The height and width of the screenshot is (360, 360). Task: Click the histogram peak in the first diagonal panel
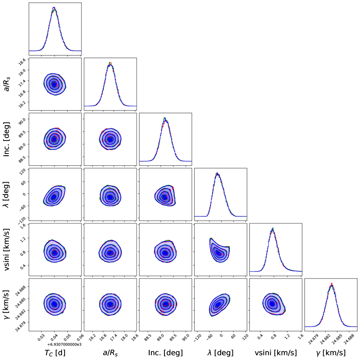click(54, 8)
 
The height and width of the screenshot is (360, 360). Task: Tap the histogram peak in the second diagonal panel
click(110, 63)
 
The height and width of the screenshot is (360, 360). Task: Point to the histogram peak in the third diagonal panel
click(165, 118)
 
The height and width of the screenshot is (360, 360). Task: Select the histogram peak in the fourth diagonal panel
click(217, 173)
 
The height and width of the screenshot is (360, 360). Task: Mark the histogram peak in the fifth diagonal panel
click(272, 229)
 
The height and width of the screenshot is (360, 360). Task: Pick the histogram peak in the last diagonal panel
click(331, 284)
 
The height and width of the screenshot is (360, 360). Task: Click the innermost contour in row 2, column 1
click(54, 84)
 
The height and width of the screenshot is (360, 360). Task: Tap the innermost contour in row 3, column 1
click(54, 139)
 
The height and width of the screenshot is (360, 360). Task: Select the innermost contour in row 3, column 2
click(110, 139)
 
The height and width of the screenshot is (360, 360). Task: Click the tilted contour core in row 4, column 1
click(53, 197)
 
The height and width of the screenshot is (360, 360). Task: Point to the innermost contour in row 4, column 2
click(110, 197)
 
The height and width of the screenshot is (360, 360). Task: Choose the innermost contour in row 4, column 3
click(164, 197)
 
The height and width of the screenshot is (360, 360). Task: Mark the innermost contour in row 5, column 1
click(54, 252)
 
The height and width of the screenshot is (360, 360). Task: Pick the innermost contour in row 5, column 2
click(110, 252)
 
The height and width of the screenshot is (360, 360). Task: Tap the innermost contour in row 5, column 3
click(165, 252)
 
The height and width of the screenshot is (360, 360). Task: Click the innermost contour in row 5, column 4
click(219, 253)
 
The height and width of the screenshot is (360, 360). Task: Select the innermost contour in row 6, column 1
click(54, 304)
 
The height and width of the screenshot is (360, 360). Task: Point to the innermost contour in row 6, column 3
click(165, 304)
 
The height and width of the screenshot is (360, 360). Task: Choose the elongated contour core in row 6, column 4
click(218, 305)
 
